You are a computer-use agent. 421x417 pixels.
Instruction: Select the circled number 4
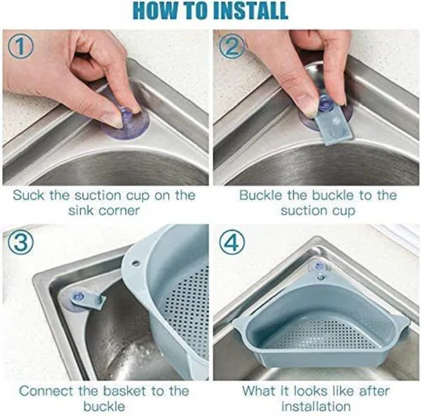[x=232, y=244]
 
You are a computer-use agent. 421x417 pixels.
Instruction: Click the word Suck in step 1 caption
[x=29, y=194]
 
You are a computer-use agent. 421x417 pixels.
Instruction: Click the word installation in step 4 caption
[x=316, y=407]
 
